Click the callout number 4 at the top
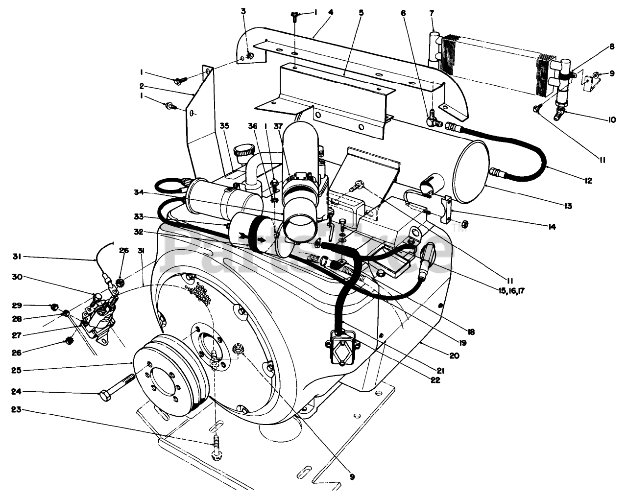330,13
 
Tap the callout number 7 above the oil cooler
432,13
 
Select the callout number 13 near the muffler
568,206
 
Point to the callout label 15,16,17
512,291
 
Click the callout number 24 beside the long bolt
17,392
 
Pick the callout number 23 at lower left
16,409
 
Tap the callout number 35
224,126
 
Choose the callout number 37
278,126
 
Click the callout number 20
454,355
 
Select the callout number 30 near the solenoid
17,277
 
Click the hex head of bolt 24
105,396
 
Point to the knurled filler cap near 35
244,151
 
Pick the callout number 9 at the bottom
352,477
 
